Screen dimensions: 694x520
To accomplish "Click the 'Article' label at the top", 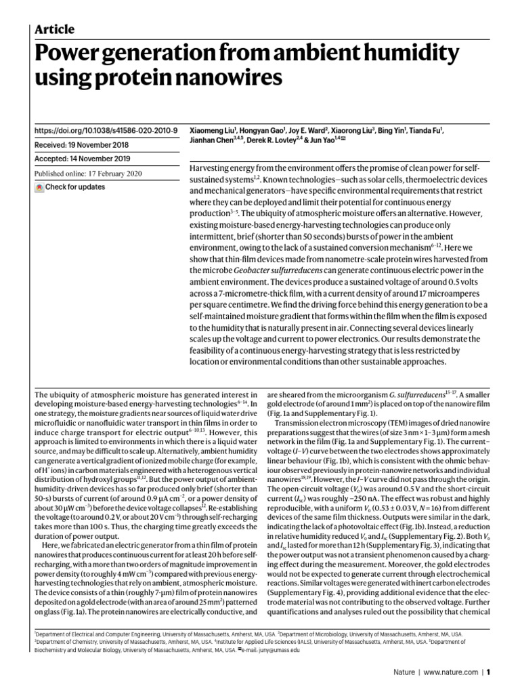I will (53, 29).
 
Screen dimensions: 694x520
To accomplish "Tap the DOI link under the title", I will (106, 130).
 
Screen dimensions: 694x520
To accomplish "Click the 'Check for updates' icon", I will (39, 187).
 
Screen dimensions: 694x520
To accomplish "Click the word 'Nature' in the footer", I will (405, 673).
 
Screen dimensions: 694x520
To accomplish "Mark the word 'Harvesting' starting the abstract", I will (213, 166).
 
